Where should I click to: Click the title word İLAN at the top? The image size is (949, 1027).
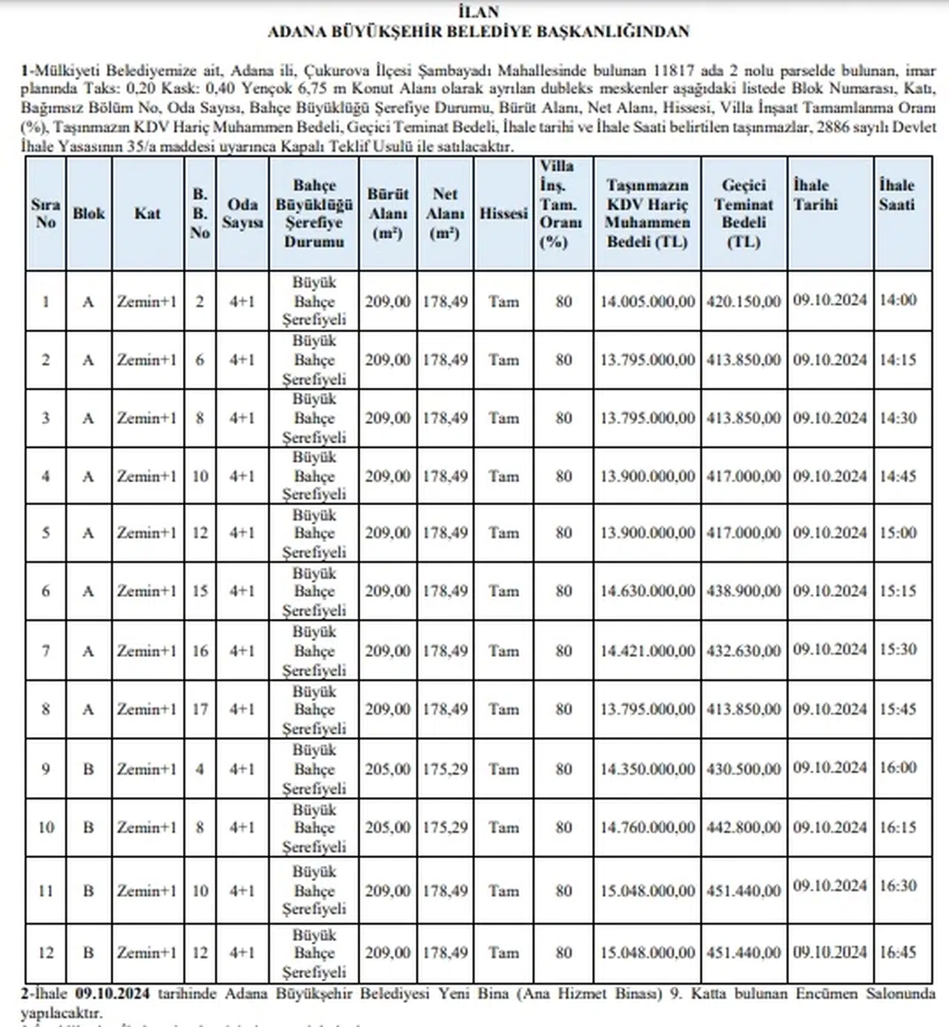tap(478, 12)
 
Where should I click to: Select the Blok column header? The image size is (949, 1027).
tap(88, 214)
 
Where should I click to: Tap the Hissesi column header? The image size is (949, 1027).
tap(503, 214)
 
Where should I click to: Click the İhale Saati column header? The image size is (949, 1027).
tap(896, 195)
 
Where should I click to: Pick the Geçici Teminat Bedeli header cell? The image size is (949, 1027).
tap(743, 214)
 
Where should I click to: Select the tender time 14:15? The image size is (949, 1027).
tap(898, 360)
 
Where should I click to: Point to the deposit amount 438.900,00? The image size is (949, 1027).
tap(744, 592)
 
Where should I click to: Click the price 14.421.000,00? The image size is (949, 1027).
tap(647, 651)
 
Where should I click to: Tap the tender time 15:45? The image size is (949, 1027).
tap(898, 710)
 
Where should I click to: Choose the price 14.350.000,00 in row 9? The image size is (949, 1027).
tap(647, 770)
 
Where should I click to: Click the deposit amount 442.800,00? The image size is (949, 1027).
tap(744, 828)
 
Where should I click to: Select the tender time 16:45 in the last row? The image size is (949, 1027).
tap(898, 952)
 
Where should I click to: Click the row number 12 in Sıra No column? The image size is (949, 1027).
tap(46, 953)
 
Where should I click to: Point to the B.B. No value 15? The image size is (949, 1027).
tap(200, 592)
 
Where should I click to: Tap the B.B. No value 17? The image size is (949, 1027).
tap(200, 710)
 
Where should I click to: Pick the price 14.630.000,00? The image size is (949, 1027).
tap(647, 592)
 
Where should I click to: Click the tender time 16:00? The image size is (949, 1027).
tap(898, 768)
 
